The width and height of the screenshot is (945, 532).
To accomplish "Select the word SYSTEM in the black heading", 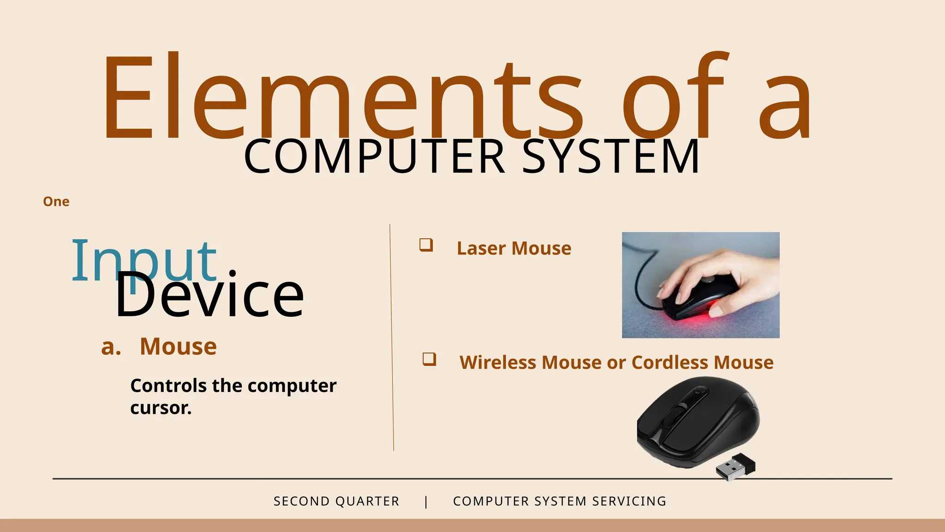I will (x=611, y=157).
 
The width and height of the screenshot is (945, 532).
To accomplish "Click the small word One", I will (x=56, y=202).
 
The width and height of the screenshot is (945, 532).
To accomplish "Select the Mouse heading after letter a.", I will (x=178, y=346).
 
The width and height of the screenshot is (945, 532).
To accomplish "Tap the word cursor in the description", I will (x=161, y=408).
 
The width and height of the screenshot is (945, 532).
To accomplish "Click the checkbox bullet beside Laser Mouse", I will (x=426, y=245).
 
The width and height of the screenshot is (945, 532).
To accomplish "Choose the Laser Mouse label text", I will (x=514, y=248).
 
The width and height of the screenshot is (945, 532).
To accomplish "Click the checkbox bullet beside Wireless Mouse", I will (x=429, y=359).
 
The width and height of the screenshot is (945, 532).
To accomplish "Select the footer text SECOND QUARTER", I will (x=336, y=501).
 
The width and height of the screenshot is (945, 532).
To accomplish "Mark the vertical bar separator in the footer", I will (x=426, y=502).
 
